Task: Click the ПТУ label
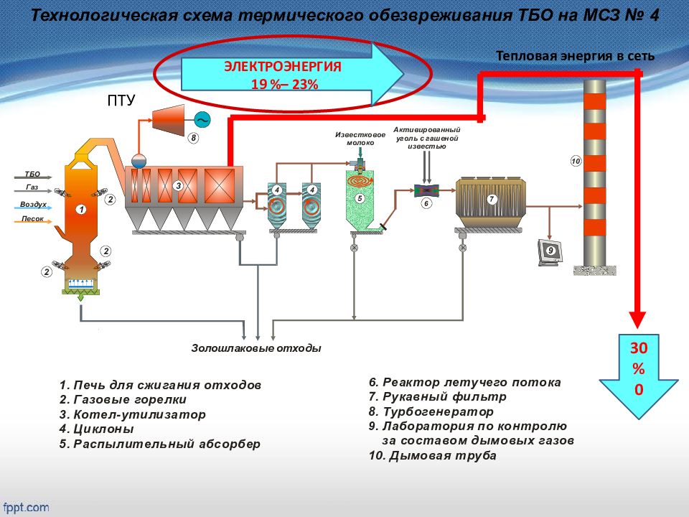click(x=121, y=100)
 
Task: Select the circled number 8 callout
click(x=192, y=136)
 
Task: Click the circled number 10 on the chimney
click(x=576, y=161)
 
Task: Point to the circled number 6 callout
click(x=426, y=203)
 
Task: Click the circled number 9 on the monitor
click(x=550, y=251)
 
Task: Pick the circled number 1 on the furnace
click(x=81, y=209)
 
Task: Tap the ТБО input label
click(x=32, y=174)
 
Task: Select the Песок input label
click(x=32, y=218)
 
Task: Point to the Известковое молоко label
click(x=355, y=138)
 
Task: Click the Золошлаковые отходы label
click(x=256, y=348)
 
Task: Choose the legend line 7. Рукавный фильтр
click(x=438, y=397)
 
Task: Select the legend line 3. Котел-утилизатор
click(x=133, y=414)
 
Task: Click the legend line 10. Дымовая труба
click(x=433, y=455)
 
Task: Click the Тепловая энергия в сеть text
click(x=576, y=56)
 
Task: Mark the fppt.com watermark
click(x=26, y=506)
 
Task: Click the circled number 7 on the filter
click(x=492, y=198)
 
